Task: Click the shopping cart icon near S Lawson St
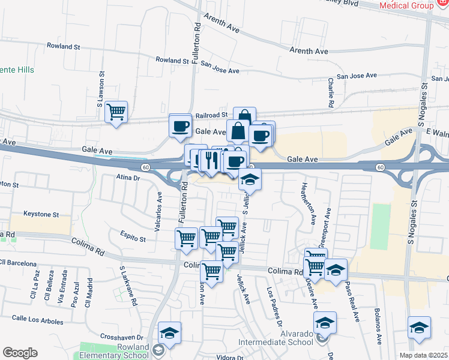pos(116,112)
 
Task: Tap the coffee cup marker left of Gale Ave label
pos(181,125)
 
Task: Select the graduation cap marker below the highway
pos(250,179)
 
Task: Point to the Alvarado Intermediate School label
pos(282,337)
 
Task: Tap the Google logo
pos(20,353)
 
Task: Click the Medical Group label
pos(406,5)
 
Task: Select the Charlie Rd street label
pos(331,92)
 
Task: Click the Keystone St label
pos(41,214)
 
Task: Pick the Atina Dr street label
pos(128,178)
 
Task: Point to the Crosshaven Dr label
pos(121,337)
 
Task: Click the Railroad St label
pos(211,115)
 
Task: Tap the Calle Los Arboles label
pos(37,319)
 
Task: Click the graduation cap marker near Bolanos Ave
pos(419,328)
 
